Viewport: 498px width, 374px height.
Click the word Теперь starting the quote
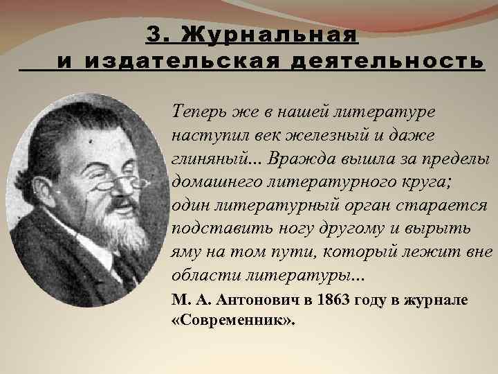click(196, 112)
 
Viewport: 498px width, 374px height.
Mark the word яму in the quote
click(186, 252)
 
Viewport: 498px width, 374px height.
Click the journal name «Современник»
click(232, 321)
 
